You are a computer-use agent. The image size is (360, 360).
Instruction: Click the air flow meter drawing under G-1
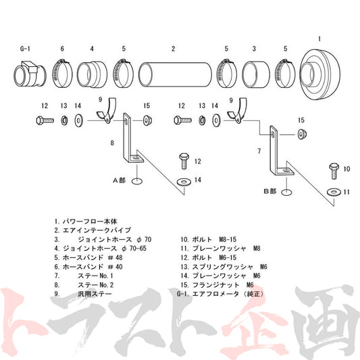(x=30, y=74)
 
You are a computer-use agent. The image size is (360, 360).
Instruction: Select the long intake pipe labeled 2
(x=175, y=74)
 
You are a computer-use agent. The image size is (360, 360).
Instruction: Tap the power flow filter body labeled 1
(x=320, y=74)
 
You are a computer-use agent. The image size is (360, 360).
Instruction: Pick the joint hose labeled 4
(x=92, y=74)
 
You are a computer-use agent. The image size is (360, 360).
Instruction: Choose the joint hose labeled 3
(x=256, y=74)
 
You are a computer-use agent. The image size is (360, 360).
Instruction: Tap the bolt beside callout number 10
(x=334, y=171)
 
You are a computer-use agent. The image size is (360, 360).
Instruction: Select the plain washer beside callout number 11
(x=334, y=192)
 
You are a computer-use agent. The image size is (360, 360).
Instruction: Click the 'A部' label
(x=119, y=180)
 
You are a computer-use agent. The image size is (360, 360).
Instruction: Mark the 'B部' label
(x=269, y=191)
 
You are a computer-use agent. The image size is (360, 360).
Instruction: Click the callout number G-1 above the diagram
(x=25, y=49)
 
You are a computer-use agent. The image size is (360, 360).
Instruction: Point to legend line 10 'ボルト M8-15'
(x=208, y=240)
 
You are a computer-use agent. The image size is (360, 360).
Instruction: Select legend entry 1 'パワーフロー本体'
(x=86, y=222)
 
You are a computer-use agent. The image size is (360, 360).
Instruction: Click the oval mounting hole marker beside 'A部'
(x=137, y=181)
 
